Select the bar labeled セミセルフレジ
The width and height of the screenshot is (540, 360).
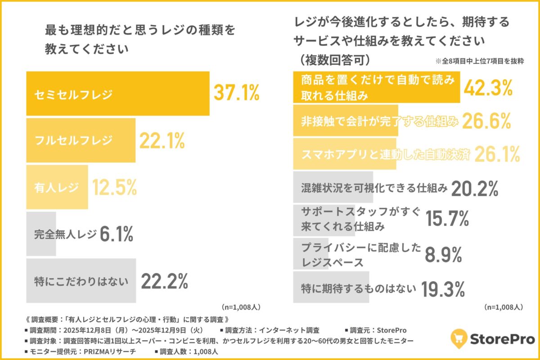coord(118,94)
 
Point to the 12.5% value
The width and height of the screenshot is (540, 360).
coord(114,187)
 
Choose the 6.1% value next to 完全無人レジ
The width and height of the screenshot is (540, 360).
coord(116,234)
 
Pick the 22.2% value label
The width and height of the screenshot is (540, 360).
coord(164,281)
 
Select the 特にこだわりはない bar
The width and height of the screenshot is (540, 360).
coord(81,281)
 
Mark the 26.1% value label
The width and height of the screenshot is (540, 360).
coord(497,154)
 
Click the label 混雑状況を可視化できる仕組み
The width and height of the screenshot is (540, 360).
coord(374,188)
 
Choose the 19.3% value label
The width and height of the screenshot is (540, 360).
coord(443,288)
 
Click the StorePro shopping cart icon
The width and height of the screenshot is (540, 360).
coord(459,338)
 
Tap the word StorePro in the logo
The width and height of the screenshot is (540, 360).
coord(503,338)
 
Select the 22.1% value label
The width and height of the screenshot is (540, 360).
coord(162,140)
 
